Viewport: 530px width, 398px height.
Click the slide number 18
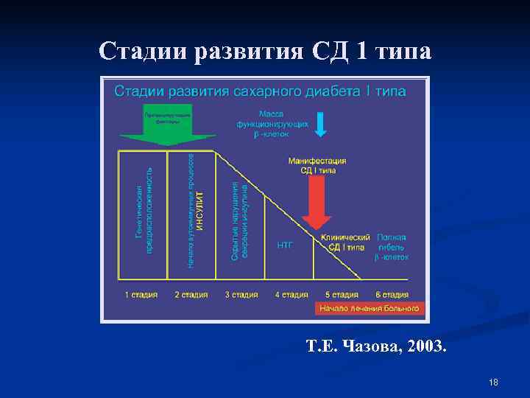(493, 382)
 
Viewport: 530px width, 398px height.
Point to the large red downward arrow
(317, 202)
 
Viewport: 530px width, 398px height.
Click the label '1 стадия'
(141, 295)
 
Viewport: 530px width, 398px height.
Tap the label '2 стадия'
(191, 295)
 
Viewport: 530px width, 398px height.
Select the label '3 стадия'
(241, 295)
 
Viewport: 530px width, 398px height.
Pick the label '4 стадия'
(291, 295)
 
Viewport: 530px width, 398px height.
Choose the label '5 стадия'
(342, 295)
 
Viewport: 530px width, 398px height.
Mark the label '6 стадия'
(392, 295)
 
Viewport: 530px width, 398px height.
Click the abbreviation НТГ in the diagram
(285, 245)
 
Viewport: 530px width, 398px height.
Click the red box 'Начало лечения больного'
(369, 308)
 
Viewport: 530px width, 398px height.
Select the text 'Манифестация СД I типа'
(317, 166)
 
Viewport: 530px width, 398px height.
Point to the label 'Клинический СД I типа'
(344, 242)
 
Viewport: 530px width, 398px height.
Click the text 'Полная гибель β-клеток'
(391, 247)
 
